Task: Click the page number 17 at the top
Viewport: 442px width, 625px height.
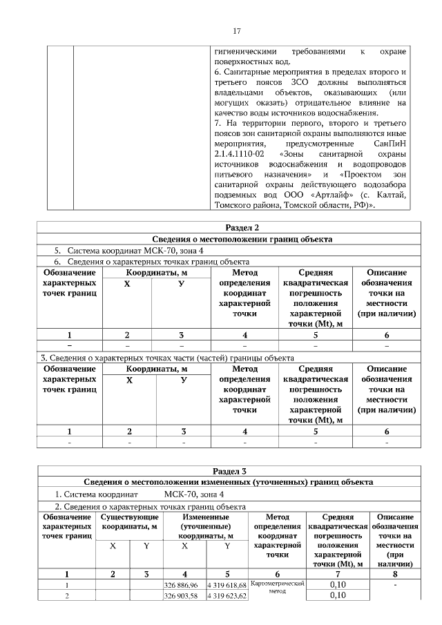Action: coord(236,31)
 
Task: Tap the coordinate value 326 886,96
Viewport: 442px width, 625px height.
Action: coord(184,585)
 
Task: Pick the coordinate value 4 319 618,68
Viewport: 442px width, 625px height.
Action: coord(227,585)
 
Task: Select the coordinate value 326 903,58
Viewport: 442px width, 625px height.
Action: coord(184,596)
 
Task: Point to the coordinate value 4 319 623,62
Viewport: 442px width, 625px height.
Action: coord(227,596)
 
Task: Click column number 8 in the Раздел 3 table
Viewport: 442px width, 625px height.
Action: coord(391,573)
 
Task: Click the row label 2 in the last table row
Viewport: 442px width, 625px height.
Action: coord(66,596)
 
